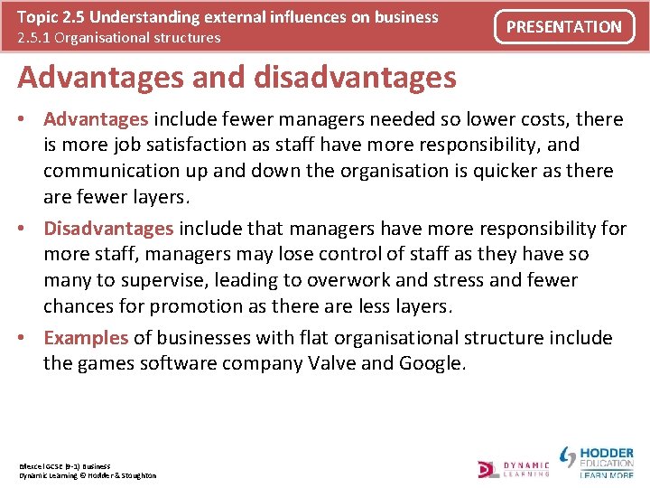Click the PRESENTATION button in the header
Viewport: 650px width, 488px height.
click(x=563, y=27)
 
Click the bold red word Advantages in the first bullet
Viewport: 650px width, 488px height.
click(x=97, y=119)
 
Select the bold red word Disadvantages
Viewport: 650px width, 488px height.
click(x=109, y=228)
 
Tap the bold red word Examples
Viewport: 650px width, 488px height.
click(x=86, y=338)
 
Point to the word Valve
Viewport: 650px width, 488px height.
click(x=333, y=364)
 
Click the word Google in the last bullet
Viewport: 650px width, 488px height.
click(x=429, y=364)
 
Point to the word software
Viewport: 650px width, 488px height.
click(x=173, y=364)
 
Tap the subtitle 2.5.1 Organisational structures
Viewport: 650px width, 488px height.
click(x=119, y=38)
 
